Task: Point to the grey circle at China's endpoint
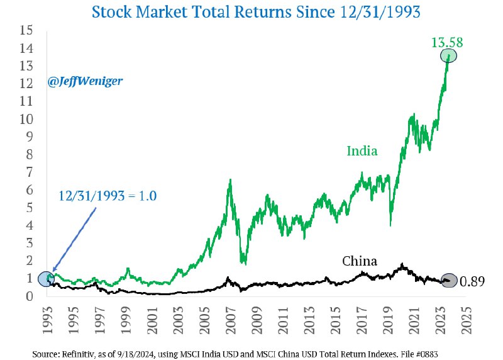449,281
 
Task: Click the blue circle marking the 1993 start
46,278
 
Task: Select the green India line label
362,151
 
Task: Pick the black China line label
359,261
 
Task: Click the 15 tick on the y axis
26,30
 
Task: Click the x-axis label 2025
466,315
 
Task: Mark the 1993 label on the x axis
47,315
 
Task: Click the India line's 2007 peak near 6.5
231,180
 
